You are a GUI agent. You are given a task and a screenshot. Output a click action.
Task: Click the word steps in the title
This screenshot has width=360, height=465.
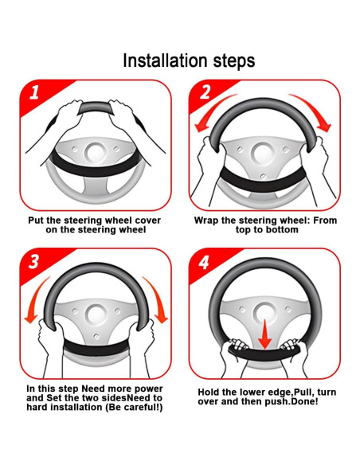pos(234,61)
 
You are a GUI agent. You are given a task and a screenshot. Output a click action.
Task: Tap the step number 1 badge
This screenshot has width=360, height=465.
pos(34,92)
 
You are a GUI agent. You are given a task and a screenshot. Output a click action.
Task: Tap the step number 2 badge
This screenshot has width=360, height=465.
pos(205,92)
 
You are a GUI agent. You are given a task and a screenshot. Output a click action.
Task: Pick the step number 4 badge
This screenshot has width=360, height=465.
pos(204,263)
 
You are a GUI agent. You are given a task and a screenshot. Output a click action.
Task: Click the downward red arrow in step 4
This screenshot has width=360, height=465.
pos(264,334)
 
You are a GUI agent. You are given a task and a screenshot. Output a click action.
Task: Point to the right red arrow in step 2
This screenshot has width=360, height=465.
pos(315,111)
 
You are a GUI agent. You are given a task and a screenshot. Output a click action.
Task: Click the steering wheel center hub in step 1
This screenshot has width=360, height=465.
pos(96,152)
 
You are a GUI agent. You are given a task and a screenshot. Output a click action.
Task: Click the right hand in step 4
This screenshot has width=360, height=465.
pos(292,350)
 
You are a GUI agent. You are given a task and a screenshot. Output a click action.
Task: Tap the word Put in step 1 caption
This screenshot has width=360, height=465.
pos(36,221)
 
